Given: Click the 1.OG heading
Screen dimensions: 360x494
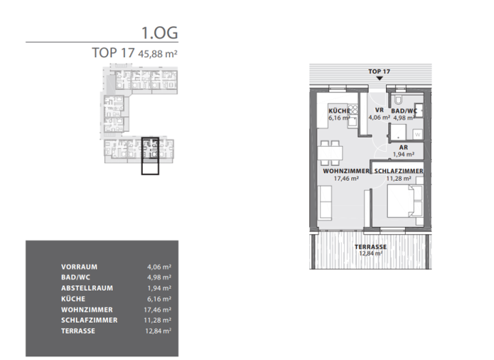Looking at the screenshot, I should point(159,32).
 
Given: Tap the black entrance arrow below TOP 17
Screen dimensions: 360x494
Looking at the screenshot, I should point(380,78).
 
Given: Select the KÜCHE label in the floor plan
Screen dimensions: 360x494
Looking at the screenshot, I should point(338,111).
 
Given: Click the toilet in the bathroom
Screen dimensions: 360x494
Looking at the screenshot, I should point(398,100).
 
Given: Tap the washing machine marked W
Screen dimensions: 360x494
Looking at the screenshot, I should point(417,134).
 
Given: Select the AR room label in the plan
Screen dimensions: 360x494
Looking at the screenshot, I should point(404,147).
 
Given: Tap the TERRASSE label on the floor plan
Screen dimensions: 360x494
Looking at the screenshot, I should point(370,247).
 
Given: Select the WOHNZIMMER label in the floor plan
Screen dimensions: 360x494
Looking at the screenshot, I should point(346,171).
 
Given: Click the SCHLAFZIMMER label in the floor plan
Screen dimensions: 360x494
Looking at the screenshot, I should point(398,171).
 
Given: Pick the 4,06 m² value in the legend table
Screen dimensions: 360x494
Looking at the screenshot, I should point(159,266).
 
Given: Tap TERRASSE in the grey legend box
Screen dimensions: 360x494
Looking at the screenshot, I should point(78,331).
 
